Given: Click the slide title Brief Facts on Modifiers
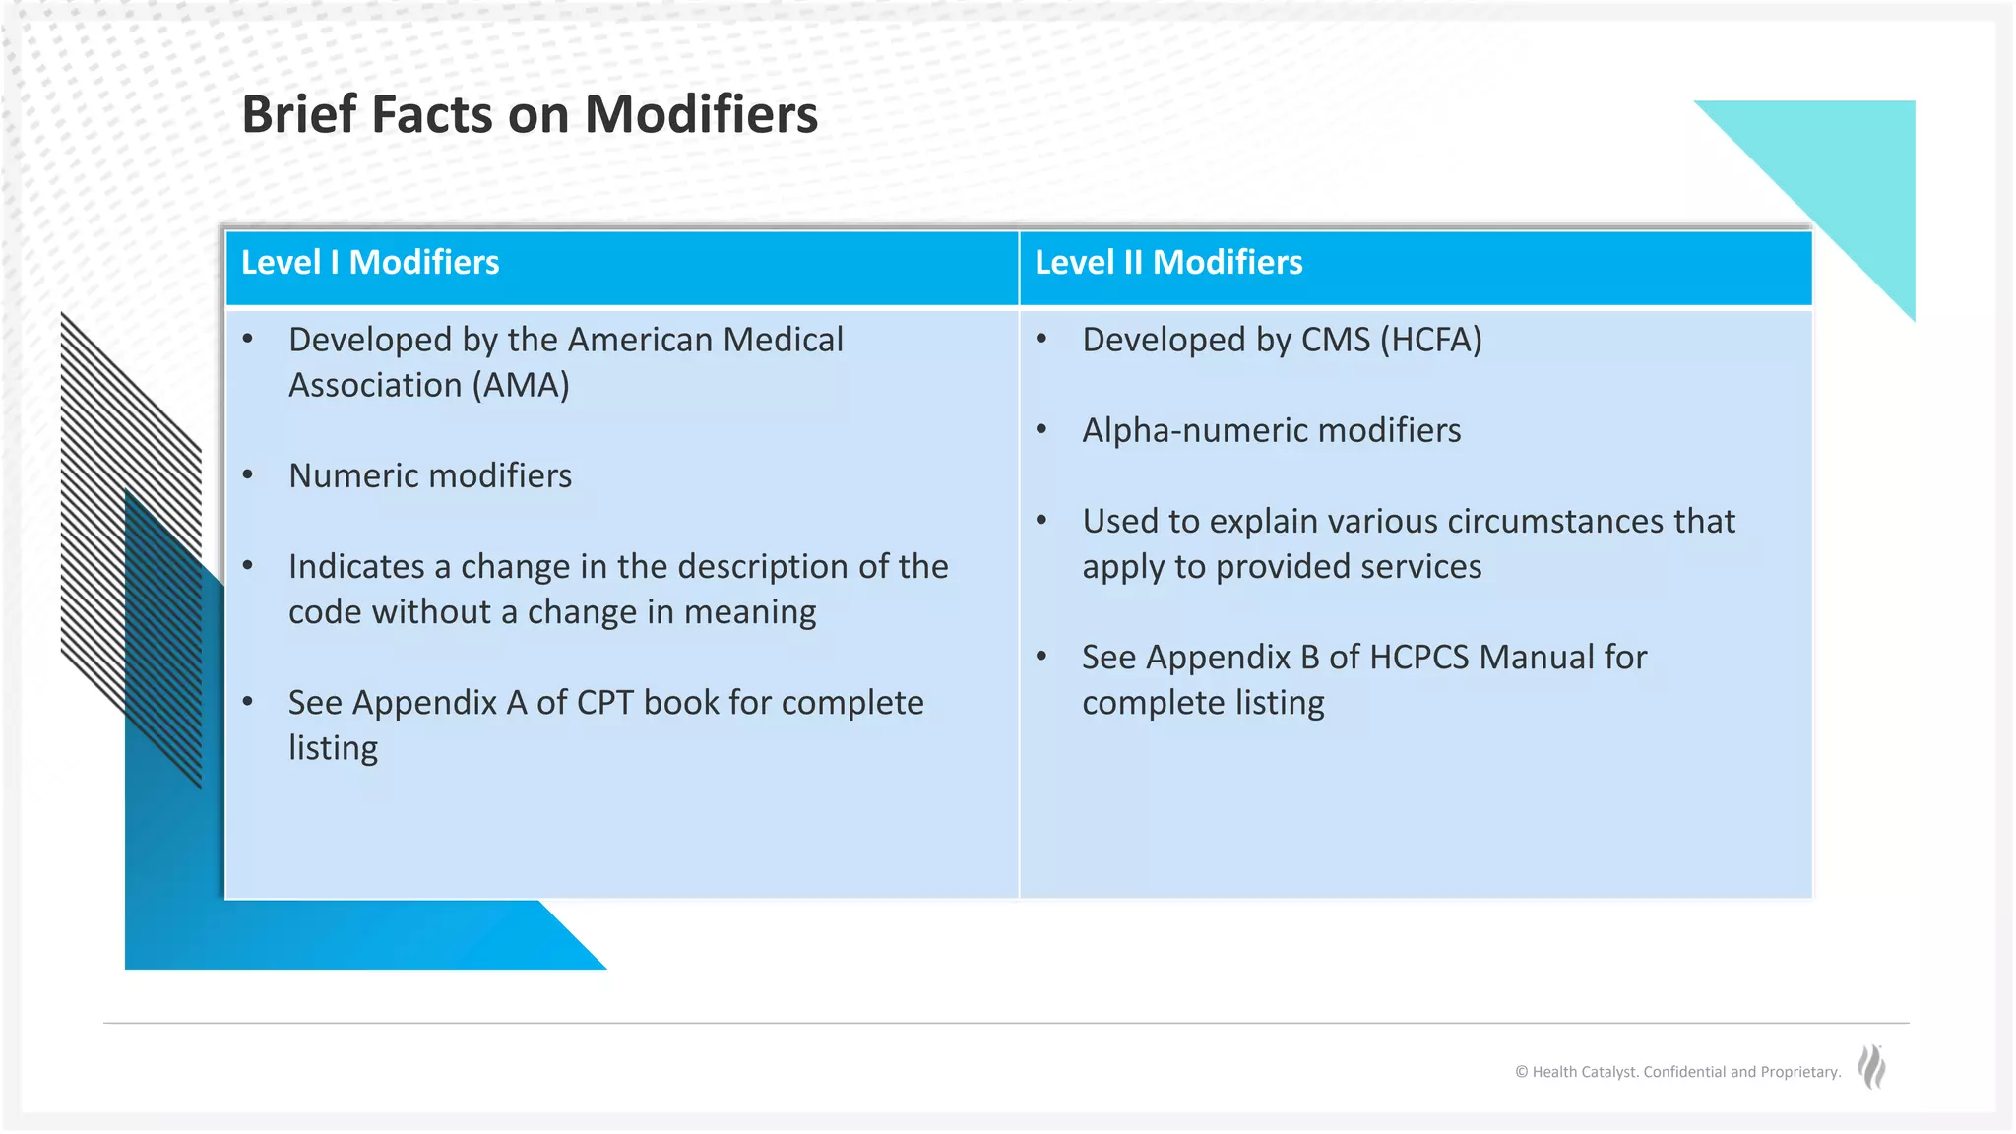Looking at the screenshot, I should coord(529,114).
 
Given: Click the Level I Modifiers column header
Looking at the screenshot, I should coord(370,263).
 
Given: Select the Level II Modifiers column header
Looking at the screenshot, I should coord(1167,263).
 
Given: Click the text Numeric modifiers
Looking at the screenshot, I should coord(429,475).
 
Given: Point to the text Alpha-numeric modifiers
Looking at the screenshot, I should coord(1271,430).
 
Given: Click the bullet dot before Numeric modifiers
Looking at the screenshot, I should coord(248,475).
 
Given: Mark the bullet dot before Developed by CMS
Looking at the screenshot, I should coord(1041,340).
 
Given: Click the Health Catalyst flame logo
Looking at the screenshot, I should coord(1871,1067).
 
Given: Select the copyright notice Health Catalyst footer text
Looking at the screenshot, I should coord(1677,1072).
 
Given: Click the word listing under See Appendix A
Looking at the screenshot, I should coord(333,748).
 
